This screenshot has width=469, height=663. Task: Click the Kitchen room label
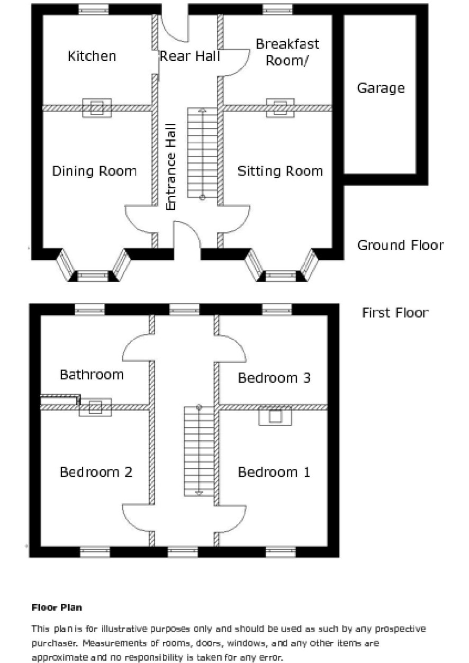92,56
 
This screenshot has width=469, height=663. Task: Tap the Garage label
380,88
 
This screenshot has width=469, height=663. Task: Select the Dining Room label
94,171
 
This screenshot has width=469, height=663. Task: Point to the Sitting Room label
280,171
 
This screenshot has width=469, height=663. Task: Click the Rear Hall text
190,56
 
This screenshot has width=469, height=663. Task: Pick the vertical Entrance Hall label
171,167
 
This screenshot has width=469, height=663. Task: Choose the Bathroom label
92,375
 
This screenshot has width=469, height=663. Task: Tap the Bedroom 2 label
96,472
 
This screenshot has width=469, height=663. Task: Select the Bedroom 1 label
274,472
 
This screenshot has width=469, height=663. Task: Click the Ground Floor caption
400,246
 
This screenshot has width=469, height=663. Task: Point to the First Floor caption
395,313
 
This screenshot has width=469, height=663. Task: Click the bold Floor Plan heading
57,607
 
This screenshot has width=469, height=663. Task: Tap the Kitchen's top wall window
94,10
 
